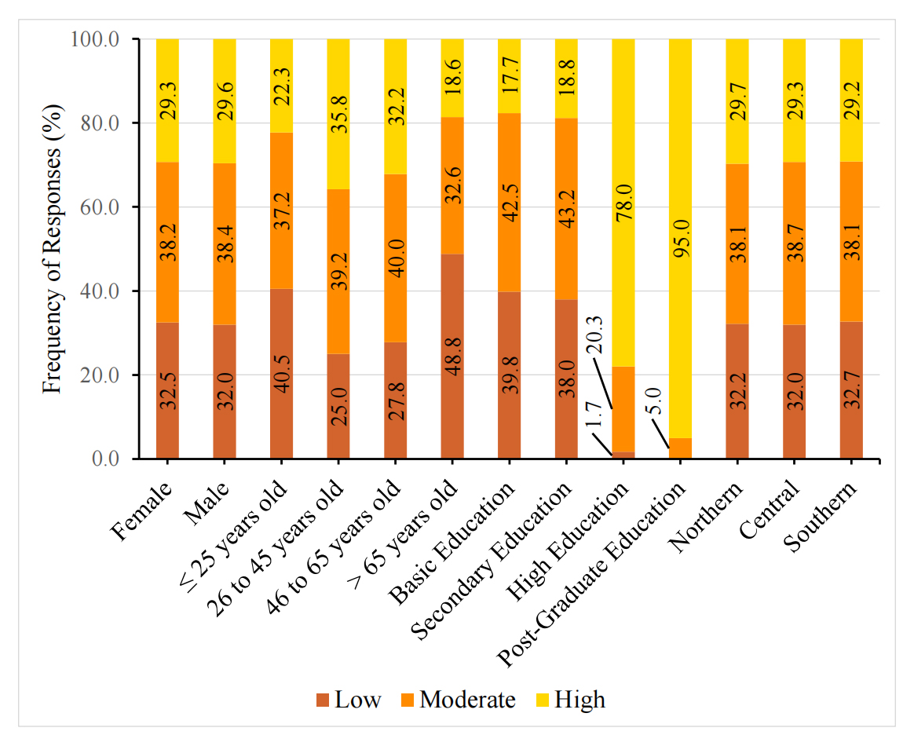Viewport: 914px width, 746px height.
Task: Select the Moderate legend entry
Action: (x=457, y=700)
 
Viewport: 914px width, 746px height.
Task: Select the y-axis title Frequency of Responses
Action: (x=52, y=249)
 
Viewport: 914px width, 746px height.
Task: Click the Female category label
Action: (x=142, y=511)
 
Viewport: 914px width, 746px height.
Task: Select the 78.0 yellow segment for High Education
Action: (x=623, y=203)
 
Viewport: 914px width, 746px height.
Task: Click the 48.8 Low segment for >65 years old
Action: (x=452, y=357)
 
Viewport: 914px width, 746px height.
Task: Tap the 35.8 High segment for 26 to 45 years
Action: (x=338, y=114)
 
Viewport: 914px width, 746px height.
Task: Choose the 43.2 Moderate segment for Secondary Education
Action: (x=566, y=209)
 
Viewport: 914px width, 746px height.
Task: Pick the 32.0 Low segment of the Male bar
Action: (x=225, y=392)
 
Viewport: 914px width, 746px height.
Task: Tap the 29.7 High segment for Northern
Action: (x=737, y=101)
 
